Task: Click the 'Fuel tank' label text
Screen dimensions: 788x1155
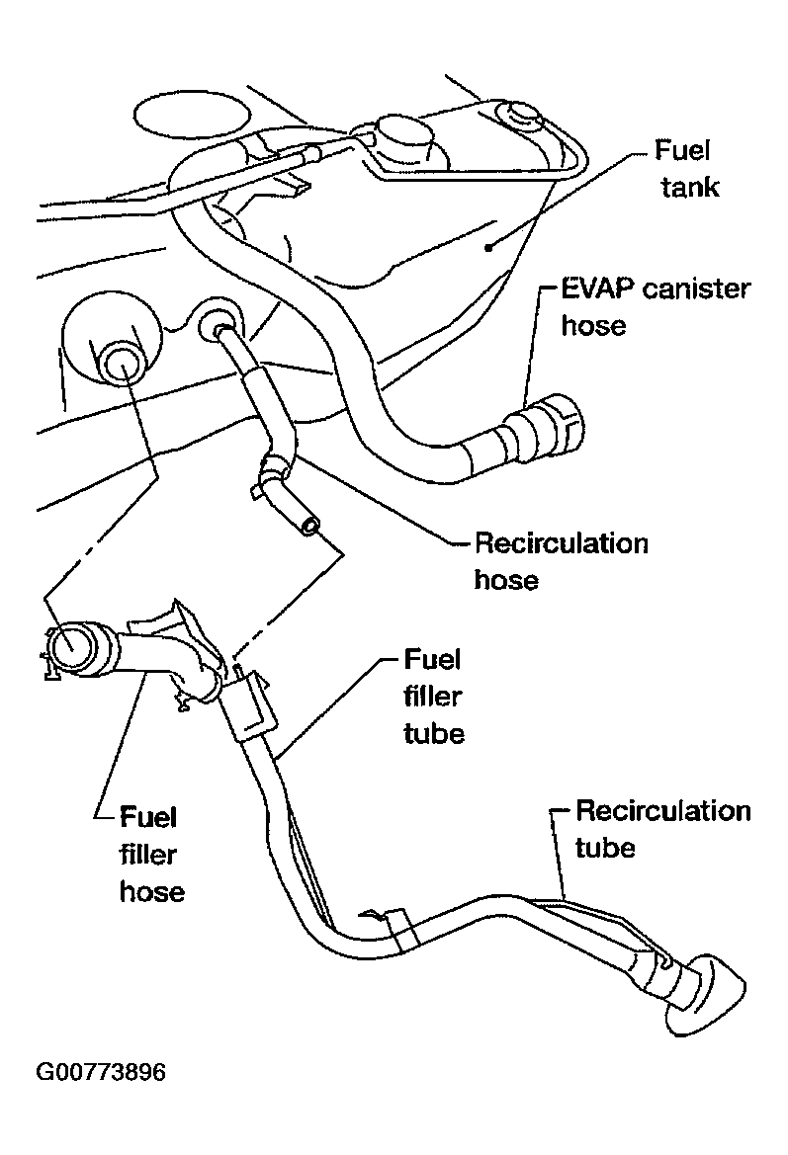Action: click(x=686, y=169)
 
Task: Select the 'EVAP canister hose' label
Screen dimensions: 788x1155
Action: click(x=656, y=306)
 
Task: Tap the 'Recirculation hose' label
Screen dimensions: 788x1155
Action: click(x=561, y=561)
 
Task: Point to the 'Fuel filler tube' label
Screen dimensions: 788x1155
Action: click(x=434, y=697)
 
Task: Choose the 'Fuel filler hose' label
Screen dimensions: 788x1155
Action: click(x=151, y=855)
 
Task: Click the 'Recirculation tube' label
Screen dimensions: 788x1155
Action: click(x=662, y=829)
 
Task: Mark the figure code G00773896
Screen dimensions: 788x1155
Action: click(x=101, y=1072)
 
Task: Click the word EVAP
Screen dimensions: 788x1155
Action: click(x=597, y=289)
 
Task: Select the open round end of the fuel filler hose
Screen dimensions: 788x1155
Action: click(x=71, y=645)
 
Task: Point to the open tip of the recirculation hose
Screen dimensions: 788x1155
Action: click(x=310, y=526)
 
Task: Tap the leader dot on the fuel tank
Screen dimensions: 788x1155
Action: click(x=488, y=248)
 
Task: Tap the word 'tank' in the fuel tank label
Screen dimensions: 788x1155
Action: click(x=690, y=187)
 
